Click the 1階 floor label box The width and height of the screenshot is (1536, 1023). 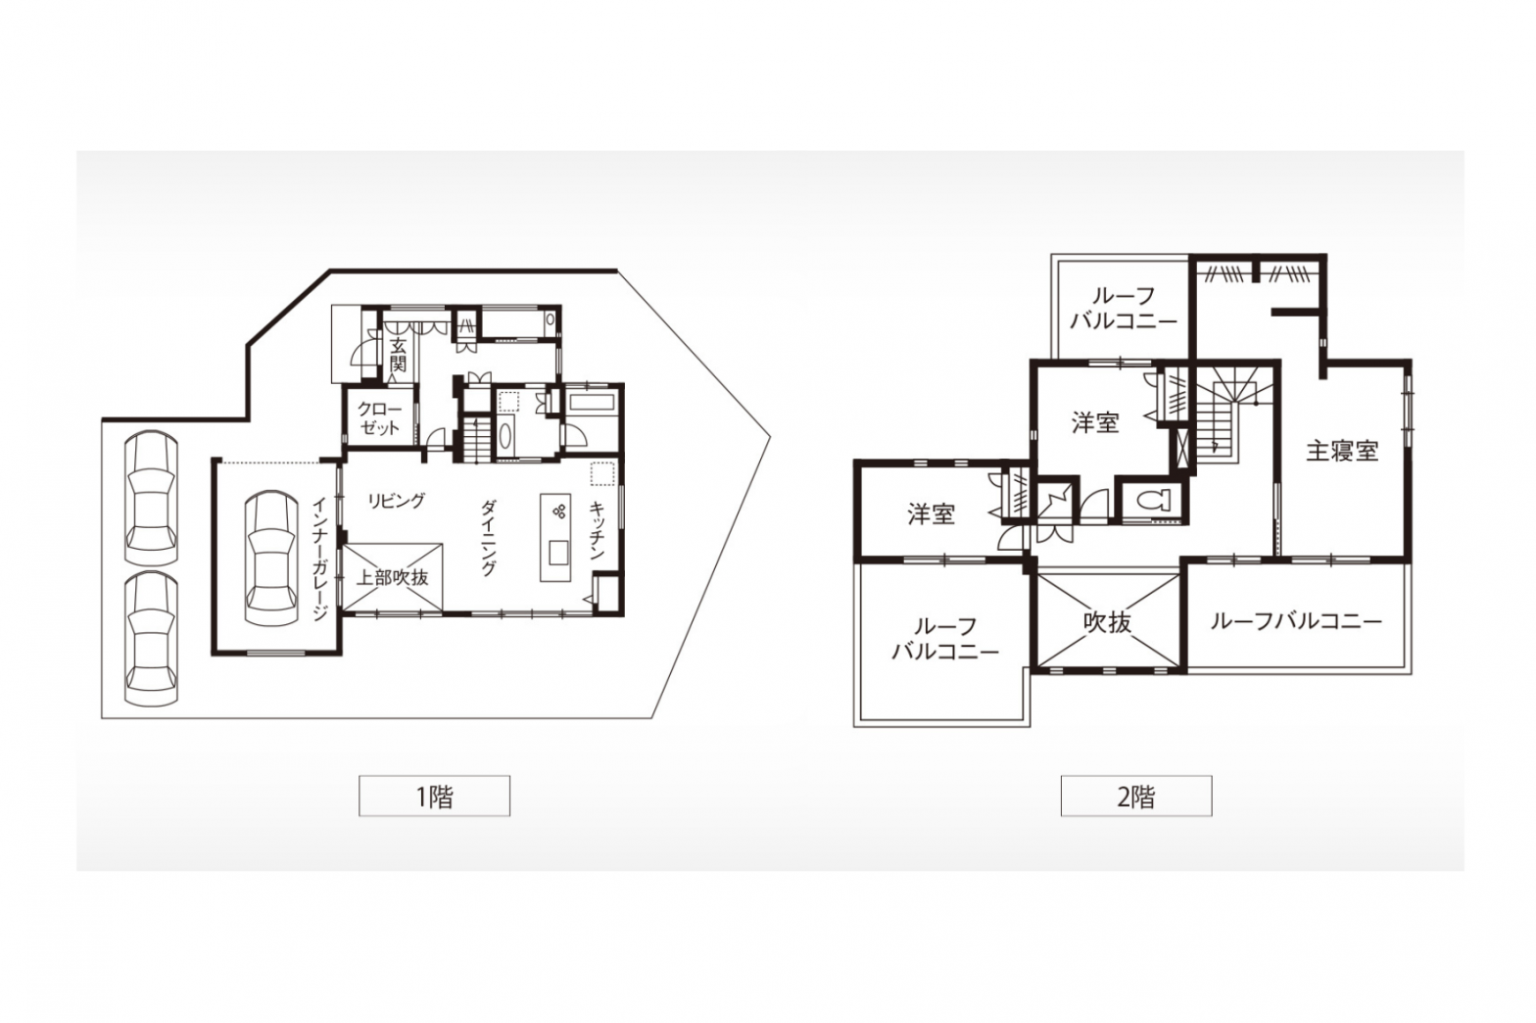434,796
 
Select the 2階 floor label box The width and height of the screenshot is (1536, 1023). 1136,796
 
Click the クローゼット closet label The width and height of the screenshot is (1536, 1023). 379,418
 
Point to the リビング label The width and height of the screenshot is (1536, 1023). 397,501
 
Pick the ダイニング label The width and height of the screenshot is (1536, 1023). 488,537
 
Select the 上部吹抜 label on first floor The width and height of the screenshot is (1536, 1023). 392,577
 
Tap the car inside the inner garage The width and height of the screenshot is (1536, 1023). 271,558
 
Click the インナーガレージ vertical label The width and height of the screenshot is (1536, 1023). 319,559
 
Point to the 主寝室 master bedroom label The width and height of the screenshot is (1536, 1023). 1342,452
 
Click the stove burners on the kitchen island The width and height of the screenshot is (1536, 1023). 558,511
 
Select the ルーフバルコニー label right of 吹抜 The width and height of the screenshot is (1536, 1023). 1296,621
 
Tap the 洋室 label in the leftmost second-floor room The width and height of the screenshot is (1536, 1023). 932,513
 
